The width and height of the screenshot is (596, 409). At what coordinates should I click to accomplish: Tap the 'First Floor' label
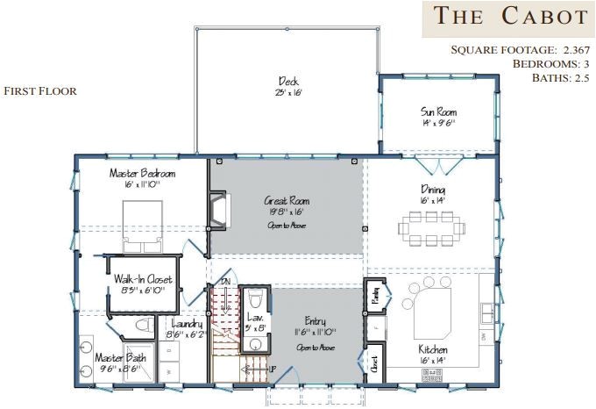pyautogui.click(x=40, y=91)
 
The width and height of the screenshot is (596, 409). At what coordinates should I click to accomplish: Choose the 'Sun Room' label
pyautogui.click(x=439, y=112)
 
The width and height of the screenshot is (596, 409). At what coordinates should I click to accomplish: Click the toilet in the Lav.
pyautogui.click(x=255, y=303)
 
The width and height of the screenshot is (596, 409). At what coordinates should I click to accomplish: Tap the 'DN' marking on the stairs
pyautogui.click(x=226, y=282)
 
